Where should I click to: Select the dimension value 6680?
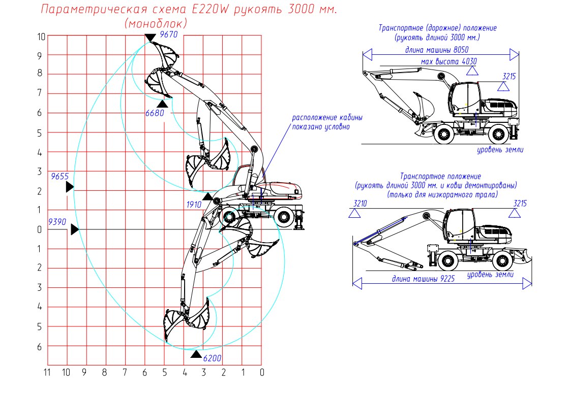(x=155, y=113)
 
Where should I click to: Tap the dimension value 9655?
(x=59, y=177)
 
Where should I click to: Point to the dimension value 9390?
(x=57, y=222)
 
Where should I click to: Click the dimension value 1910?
(x=194, y=204)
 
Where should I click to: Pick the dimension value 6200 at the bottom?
(x=212, y=358)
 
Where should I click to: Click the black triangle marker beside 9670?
(x=150, y=38)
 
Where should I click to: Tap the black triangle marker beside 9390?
(x=75, y=229)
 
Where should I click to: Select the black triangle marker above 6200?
(x=196, y=354)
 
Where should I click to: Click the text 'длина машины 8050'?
(x=437, y=50)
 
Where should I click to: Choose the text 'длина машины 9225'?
(x=422, y=278)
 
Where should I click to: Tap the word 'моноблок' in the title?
(x=156, y=23)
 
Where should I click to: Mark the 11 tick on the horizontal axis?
(x=47, y=373)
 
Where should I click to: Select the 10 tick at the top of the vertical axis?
(x=41, y=36)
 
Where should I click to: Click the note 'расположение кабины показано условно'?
(x=327, y=122)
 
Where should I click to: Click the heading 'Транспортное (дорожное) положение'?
(x=437, y=28)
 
